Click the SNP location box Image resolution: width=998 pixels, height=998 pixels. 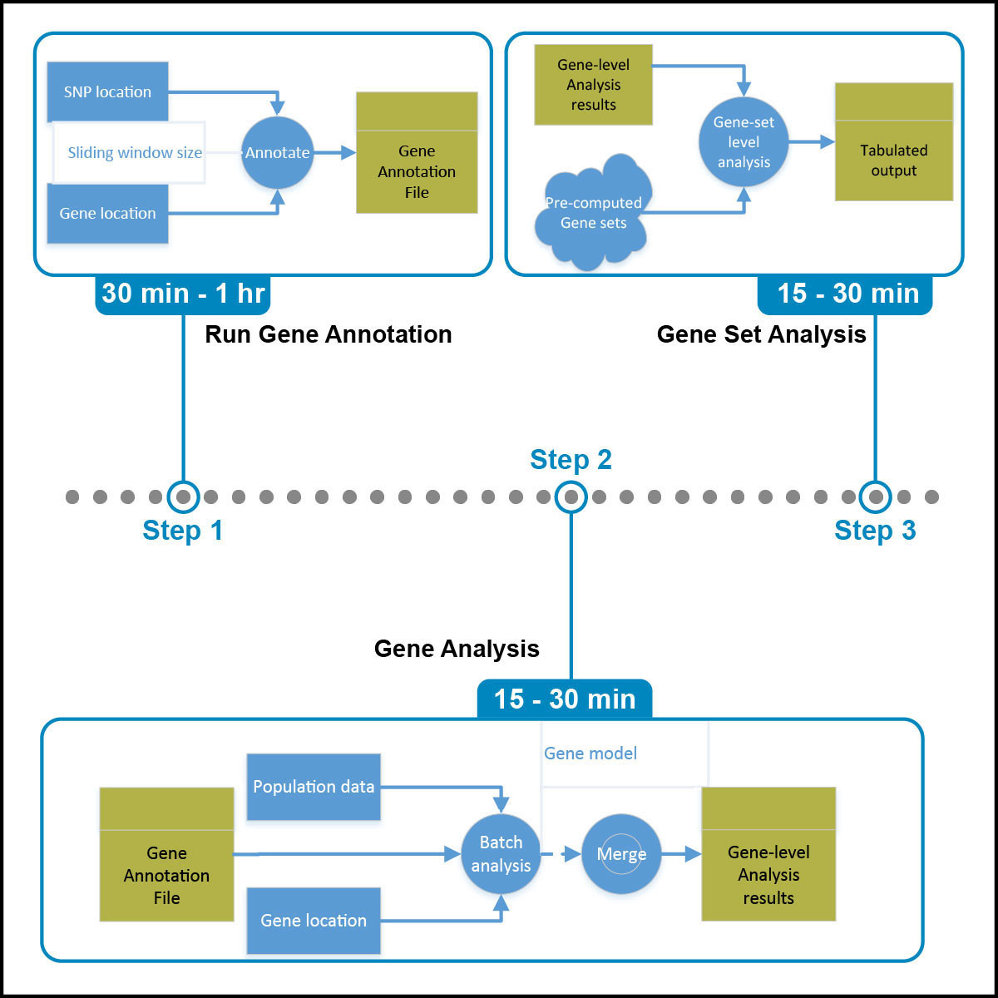pyautogui.click(x=107, y=91)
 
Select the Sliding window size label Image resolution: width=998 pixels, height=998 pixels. pyautogui.click(x=135, y=153)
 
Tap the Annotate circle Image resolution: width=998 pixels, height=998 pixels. pyautogui.click(x=277, y=153)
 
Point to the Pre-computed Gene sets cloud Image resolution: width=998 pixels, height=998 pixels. pyautogui.click(x=593, y=213)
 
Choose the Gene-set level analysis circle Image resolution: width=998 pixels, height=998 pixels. pyautogui.click(x=744, y=142)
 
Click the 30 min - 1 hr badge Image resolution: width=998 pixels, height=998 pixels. pyautogui.click(x=183, y=294)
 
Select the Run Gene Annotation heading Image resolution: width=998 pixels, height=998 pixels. pyautogui.click(x=329, y=334)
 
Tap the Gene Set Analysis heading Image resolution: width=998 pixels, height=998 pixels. pyautogui.click(x=761, y=334)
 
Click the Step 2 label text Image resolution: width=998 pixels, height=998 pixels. pyautogui.click(x=571, y=460)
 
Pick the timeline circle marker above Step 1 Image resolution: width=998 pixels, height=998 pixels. pyautogui.click(x=183, y=497)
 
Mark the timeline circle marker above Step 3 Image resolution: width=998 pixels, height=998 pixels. pyautogui.click(x=875, y=497)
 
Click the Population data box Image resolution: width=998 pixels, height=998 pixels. pyautogui.click(x=314, y=787)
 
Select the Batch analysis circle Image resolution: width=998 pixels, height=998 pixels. pyautogui.click(x=501, y=854)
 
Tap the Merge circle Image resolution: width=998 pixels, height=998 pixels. pyautogui.click(x=621, y=854)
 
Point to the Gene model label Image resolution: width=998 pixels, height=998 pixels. pyautogui.click(x=590, y=753)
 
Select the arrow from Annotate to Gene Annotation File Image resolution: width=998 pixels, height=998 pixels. pyautogui.click(x=335, y=153)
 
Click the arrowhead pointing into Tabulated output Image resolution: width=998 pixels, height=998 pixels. pyautogui.click(x=828, y=142)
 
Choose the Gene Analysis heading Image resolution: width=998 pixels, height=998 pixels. pyautogui.click(x=457, y=649)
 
